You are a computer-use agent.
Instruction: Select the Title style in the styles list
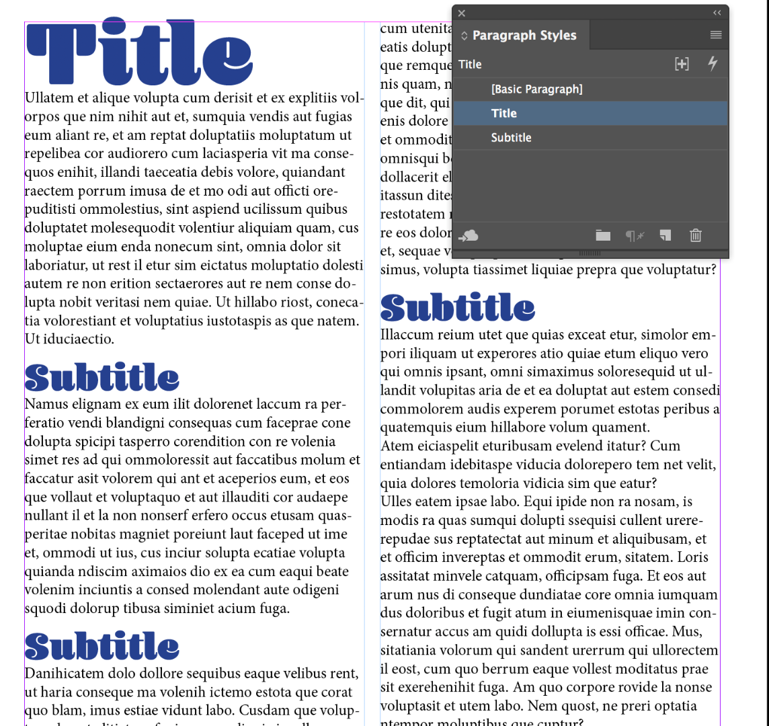pos(504,114)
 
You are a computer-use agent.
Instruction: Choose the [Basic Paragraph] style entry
pos(536,89)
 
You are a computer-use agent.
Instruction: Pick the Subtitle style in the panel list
pos(511,138)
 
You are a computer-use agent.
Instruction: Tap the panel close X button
pos(461,13)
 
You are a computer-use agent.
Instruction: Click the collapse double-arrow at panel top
pos(717,13)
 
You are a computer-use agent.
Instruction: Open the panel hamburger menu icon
pos(716,35)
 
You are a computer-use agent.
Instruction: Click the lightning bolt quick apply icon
pos(713,64)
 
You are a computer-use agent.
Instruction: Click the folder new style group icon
pos(603,235)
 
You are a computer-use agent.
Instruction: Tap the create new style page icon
pos(665,235)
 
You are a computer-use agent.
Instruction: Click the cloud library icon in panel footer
pos(469,235)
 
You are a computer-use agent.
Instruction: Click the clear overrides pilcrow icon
pos(635,235)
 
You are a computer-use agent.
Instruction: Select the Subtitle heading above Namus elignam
pos(102,378)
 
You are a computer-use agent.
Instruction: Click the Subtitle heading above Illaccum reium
pos(458,307)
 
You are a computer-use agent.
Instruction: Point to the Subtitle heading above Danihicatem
pos(102,646)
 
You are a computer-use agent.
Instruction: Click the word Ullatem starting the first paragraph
pos(46,98)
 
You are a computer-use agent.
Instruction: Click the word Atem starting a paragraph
pos(396,446)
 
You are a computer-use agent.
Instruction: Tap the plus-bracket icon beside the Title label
pos(682,64)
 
